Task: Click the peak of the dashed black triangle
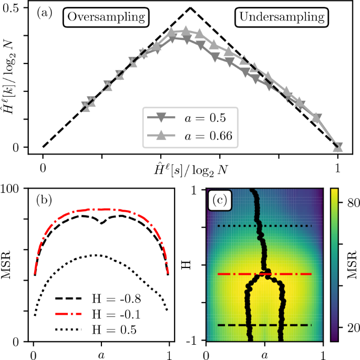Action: tap(190, 8)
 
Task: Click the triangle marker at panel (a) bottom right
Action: tap(338, 147)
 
